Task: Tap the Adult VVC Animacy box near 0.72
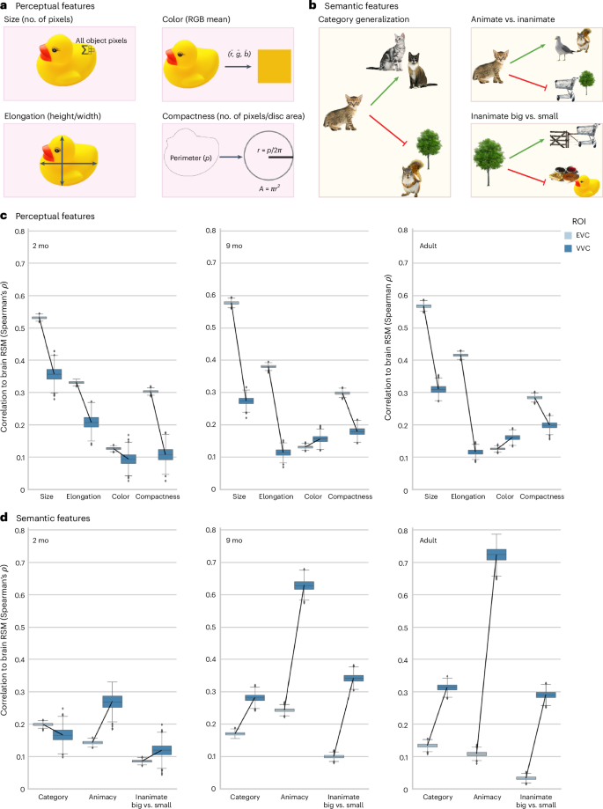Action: coord(522,555)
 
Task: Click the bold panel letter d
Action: coord(4,521)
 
